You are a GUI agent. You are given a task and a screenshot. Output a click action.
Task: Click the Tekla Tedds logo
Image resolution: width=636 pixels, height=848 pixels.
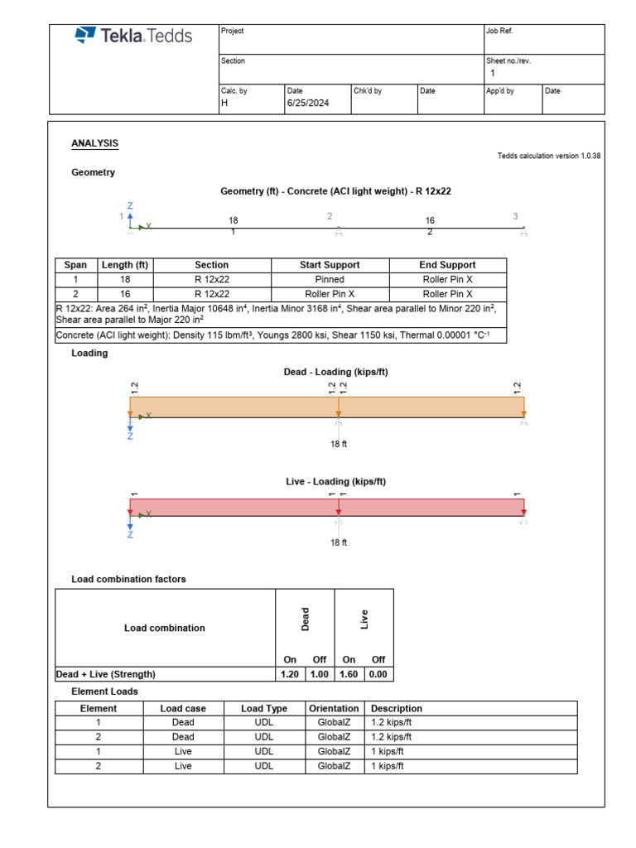(133, 36)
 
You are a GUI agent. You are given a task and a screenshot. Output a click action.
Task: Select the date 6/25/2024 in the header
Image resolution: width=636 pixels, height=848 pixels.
(308, 104)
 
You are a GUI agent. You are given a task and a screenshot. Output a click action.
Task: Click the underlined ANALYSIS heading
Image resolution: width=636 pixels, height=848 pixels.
(94, 144)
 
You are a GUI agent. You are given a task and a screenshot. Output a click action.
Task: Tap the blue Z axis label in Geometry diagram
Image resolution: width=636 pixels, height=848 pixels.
(130, 205)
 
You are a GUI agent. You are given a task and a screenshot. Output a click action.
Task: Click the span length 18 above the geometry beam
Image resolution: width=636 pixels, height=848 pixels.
(233, 220)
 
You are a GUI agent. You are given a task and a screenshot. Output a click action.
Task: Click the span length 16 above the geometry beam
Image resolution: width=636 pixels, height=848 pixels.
(430, 220)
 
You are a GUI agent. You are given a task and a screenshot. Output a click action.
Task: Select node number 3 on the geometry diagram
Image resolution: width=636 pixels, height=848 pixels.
(515, 216)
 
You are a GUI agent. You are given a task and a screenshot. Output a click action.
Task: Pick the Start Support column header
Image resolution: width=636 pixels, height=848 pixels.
(330, 265)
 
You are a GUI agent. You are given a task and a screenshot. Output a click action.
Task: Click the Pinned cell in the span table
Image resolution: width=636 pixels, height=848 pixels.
(330, 280)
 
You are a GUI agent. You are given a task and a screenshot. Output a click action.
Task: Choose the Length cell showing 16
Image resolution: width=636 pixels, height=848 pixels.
(124, 294)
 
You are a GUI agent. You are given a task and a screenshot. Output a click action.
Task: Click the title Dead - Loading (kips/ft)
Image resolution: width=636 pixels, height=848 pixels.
(335, 373)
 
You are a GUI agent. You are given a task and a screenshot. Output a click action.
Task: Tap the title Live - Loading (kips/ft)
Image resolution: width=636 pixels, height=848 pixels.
(335, 481)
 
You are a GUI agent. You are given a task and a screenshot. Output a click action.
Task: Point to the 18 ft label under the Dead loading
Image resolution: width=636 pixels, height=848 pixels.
(339, 444)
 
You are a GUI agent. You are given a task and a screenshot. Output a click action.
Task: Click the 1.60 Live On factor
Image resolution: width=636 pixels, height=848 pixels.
(349, 674)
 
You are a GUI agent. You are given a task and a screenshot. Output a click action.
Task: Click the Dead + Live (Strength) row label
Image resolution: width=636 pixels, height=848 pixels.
(105, 674)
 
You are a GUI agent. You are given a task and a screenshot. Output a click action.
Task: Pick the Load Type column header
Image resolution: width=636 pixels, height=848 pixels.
(264, 709)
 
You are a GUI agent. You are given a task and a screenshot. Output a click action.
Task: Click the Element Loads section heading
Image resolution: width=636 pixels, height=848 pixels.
(105, 691)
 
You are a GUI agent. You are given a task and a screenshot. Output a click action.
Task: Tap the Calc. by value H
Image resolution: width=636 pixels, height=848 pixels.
(224, 104)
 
